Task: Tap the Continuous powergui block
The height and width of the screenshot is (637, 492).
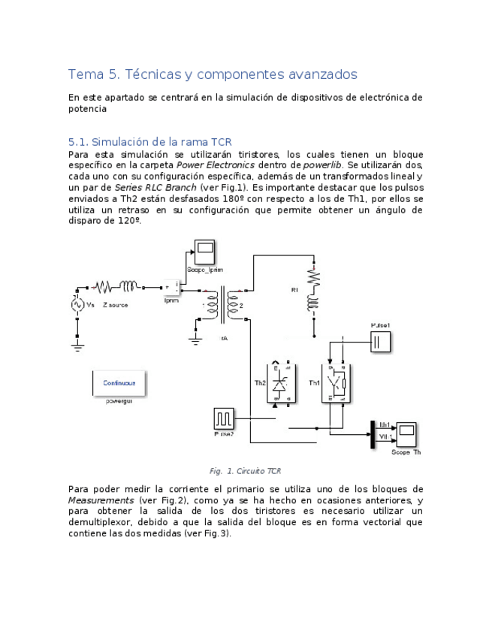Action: pyautogui.click(x=119, y=382)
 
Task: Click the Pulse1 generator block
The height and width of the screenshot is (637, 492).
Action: pyautogui.click(x=380, y=343)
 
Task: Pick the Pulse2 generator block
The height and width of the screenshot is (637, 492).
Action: pyautogui.click(x=223, y=418)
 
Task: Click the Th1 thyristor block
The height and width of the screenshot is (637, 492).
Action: pyautogui.click(x=337, y=383)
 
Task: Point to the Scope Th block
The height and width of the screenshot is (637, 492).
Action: pyautogui.click(x=406, y=434)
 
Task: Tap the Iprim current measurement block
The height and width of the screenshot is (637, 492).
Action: pyautogui.click(x=171, y=288)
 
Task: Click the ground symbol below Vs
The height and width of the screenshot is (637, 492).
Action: pyautogui.click(x=77, y=346)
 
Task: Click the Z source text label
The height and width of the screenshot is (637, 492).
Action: pyautogui.click(x=115, y=305)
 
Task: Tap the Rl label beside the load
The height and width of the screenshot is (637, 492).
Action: pyautogui.click(x=295, y=289)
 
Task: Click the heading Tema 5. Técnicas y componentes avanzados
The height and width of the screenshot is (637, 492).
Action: pyautogui.click(x=213, y=74)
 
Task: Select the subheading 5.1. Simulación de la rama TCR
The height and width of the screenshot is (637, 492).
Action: pyautogui.click(x=150, y=141)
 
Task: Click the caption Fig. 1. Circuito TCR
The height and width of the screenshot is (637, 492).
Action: pyautogui.click(x=246, y=471)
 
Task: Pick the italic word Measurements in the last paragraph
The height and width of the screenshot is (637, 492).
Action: pyautogui.click(x=101, y=500)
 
